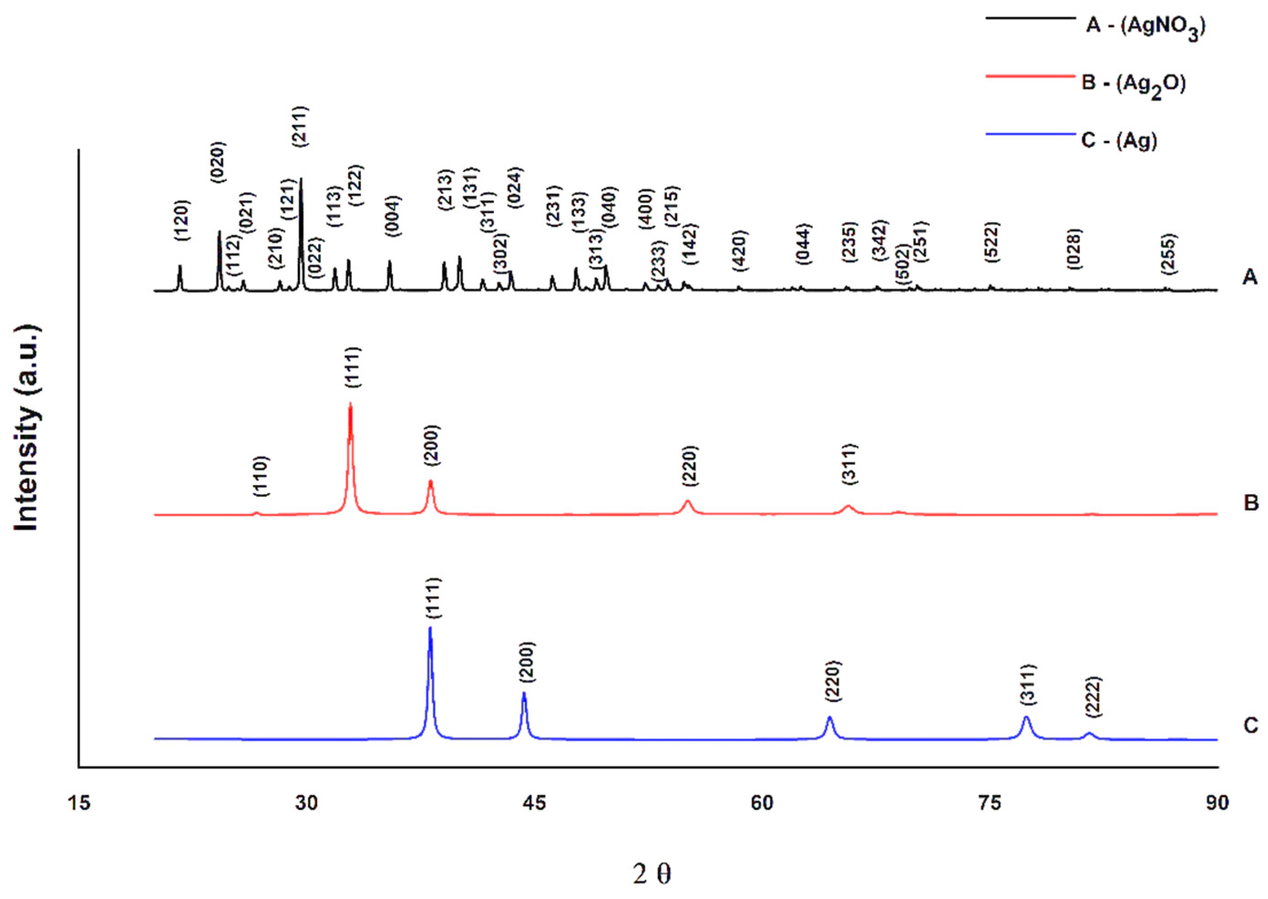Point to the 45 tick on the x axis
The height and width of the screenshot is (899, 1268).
click(534, 802)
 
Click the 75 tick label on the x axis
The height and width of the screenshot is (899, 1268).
click(990, 802)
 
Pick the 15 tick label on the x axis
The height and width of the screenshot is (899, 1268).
click(79, 802)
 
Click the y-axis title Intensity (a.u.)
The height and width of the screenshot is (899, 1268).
click(26, 429)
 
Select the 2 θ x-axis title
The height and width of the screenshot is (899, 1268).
click(652, 873)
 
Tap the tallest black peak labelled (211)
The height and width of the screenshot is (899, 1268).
click(301, 180)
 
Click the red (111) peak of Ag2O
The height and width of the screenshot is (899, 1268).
click(350, 405)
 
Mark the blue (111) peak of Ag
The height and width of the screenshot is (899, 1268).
click(430, 628)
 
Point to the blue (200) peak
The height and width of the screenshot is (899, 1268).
click(524, 694)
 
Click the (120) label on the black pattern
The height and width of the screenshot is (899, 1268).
click(182, 220)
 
